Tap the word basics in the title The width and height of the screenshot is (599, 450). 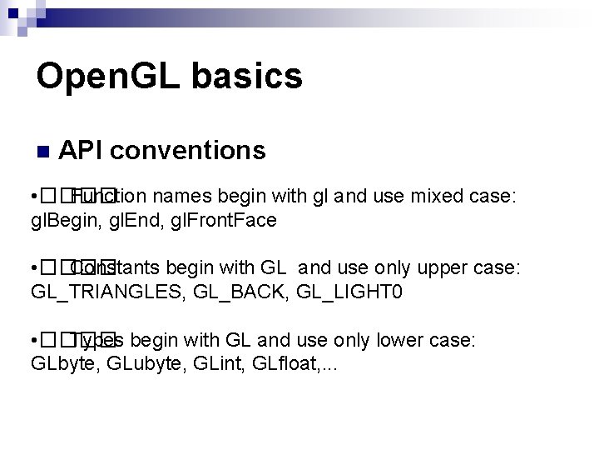(247, 77)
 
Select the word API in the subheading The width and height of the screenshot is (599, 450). (81, 150)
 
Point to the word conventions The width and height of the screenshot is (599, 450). (187, 150)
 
